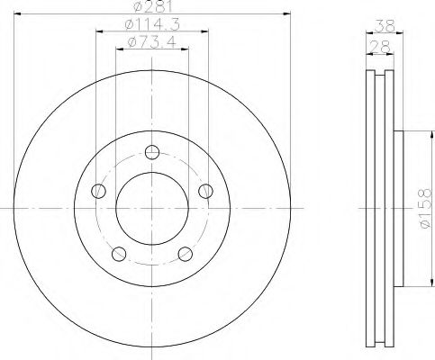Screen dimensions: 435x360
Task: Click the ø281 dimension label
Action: pos(153,6)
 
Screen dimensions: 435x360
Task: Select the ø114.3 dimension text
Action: pos(152,24)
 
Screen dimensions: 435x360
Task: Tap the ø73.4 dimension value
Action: pos(151,42)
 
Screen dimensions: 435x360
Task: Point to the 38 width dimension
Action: pos(385,26)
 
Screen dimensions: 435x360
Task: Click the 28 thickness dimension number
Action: pos(380,47)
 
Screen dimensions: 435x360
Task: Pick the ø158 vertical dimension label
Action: pos(426,208)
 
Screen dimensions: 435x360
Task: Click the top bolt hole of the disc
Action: pos(152,152)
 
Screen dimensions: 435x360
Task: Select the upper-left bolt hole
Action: pos(98,191)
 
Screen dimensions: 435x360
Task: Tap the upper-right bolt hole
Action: pos(206,191)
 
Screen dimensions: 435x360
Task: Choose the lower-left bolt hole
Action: pos(119,254)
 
